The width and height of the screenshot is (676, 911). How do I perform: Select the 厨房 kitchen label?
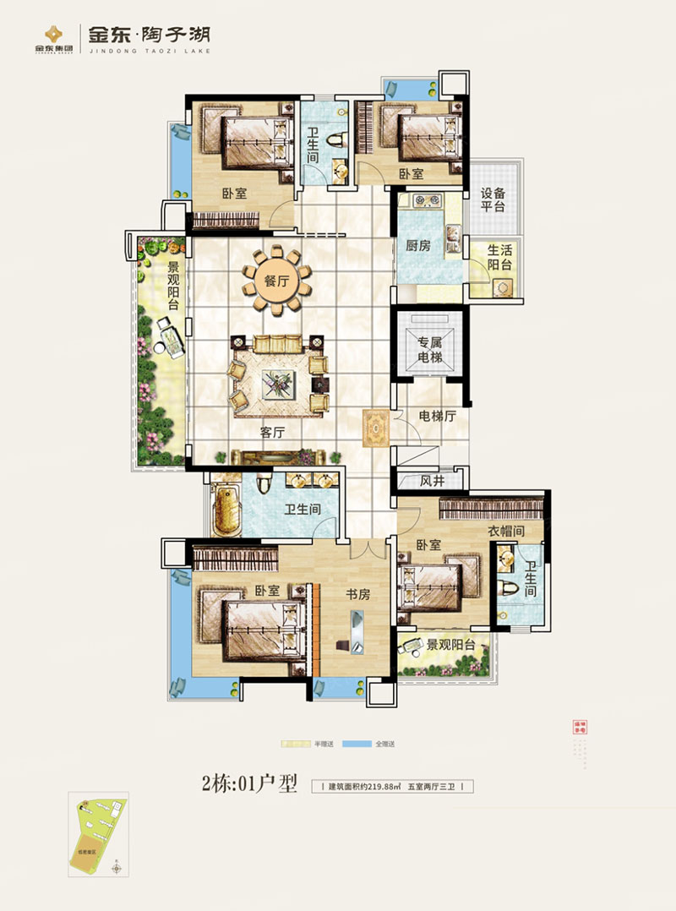click(x=418, y=246)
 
